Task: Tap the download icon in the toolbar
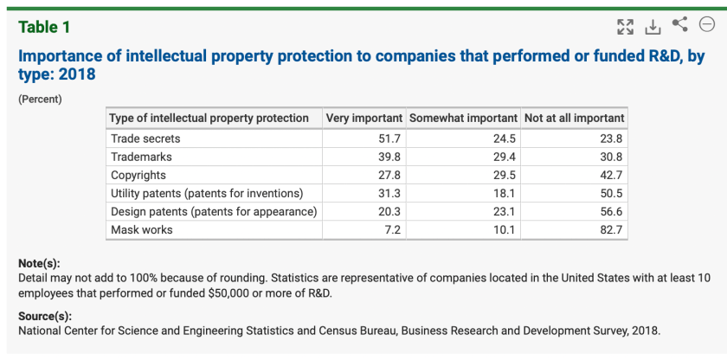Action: point(653,27)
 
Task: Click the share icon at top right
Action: point(680,25)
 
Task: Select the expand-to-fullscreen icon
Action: point(625,27)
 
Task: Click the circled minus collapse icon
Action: point(707,25)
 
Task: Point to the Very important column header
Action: point(363,118)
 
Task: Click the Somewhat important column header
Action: point(463,118)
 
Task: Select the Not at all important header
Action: point(574,118)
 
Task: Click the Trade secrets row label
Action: point(145,138)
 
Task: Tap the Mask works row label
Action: point(142,230)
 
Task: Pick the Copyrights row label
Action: point(138,175)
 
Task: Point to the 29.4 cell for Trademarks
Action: point(505,157)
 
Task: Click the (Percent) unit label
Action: point(40,99)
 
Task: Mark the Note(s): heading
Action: point(39,263)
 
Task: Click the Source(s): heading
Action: point(45,316)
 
